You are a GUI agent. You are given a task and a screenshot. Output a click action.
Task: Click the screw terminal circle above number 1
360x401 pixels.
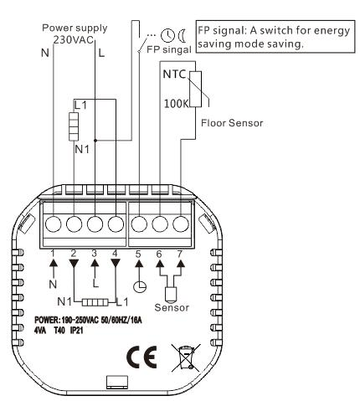pos(53,224)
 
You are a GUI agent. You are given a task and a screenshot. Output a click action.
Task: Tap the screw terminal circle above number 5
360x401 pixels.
pos(139,224)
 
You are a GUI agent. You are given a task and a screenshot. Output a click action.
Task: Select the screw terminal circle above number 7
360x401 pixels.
pos(181,224)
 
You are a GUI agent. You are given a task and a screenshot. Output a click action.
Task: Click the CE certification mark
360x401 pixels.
pos(141,357)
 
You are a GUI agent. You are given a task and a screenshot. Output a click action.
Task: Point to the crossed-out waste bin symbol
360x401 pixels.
pos(186,357)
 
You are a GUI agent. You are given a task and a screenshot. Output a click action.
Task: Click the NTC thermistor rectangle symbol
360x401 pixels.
pos(195,89)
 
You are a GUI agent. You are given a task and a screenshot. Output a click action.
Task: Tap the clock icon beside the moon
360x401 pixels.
pos(167,35)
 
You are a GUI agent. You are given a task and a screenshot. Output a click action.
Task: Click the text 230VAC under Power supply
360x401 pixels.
pos(74,40)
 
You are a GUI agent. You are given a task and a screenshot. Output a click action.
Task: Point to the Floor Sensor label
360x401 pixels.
pos(232,123)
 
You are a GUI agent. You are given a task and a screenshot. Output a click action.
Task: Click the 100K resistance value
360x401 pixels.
pos(176,104)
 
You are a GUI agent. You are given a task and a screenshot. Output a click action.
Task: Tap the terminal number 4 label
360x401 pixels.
pos(115,254)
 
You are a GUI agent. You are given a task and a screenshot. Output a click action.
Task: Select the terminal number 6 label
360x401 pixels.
pos(159,254)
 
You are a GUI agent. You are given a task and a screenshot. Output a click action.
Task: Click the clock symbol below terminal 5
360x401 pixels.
pos(140,286)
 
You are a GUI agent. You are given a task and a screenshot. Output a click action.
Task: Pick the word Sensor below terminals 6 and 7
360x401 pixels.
pos(172,307)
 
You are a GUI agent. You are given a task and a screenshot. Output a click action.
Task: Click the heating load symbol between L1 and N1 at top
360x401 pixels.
pos(74,126)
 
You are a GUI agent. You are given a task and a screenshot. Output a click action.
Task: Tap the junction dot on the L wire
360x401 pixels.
pos(95,141)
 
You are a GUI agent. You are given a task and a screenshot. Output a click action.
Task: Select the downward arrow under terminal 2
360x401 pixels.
pos(74,264)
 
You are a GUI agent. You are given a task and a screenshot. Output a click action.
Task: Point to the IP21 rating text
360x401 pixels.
pos(77,331)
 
